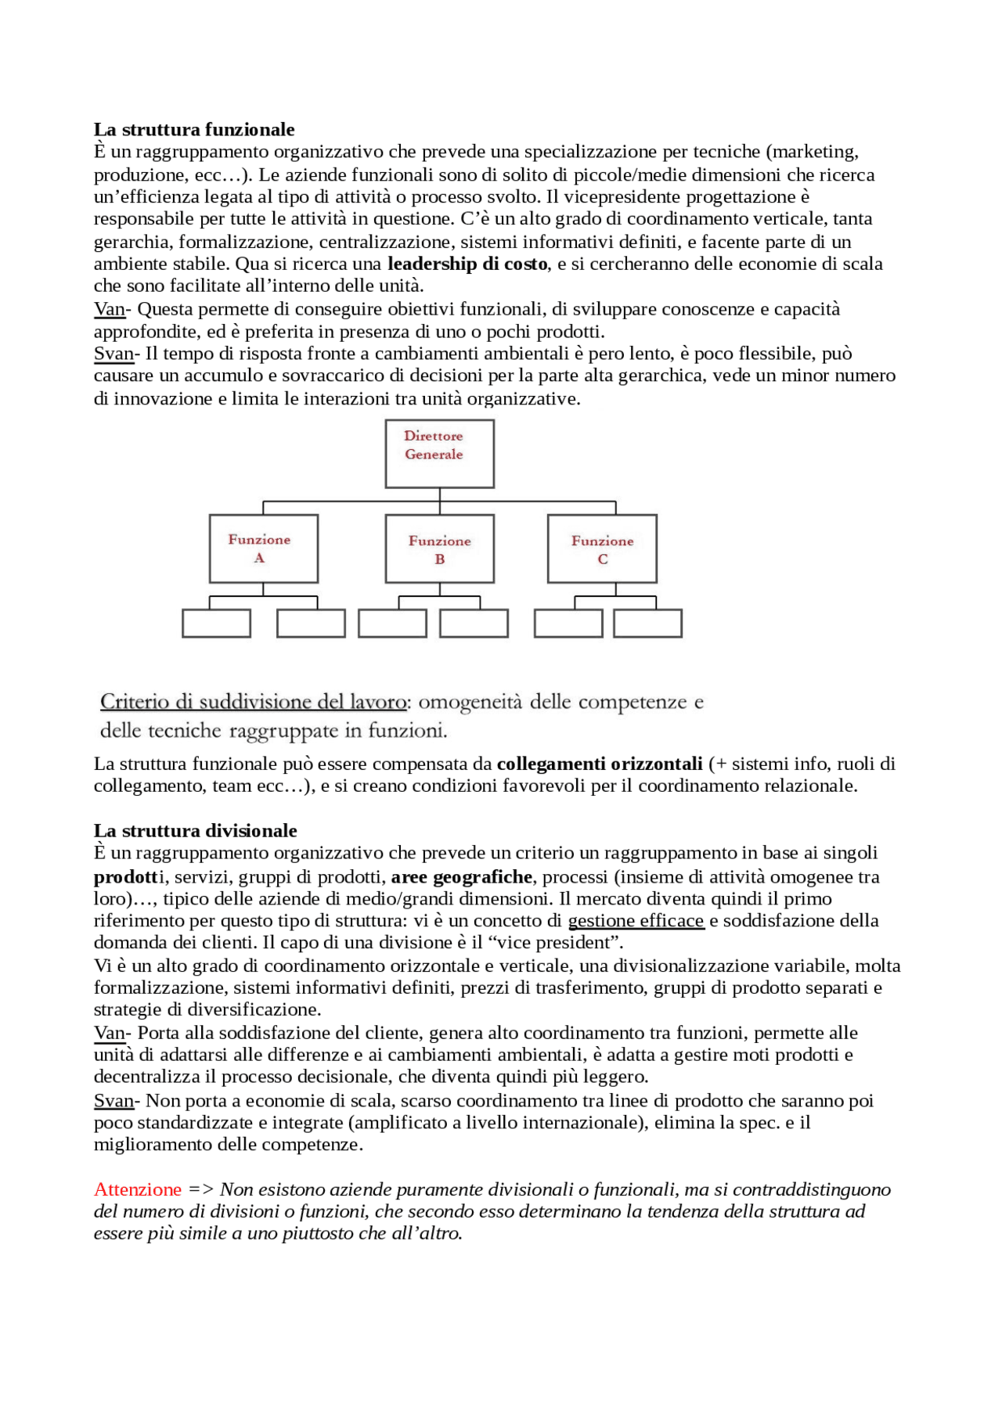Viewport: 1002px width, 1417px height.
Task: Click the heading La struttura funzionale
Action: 194,129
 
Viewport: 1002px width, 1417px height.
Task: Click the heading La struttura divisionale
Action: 195,830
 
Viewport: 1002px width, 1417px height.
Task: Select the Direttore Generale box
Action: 439,454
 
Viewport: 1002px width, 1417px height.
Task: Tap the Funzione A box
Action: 264,548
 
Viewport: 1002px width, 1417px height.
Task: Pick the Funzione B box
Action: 439,548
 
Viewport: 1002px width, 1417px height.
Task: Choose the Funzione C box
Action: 602,548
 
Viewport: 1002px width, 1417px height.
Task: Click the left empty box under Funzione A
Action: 216,624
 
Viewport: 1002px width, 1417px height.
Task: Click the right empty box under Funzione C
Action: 647,624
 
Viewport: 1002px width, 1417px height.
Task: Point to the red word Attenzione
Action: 138,1189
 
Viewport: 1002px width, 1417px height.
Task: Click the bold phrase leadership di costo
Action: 467,264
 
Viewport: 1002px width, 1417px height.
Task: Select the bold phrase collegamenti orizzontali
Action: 600,764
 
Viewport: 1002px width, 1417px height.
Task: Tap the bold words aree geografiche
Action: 462,876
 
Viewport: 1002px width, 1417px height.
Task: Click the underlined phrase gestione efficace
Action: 636,921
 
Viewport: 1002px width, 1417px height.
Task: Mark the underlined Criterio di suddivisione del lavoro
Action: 253,702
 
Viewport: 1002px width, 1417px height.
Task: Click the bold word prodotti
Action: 126,876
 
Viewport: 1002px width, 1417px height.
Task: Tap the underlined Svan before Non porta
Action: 114,1101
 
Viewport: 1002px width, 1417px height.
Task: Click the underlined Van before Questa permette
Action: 110,309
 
